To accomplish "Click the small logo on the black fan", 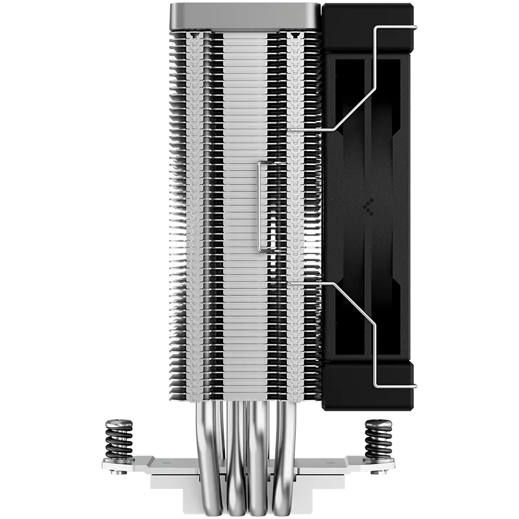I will (x=367, y=206).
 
